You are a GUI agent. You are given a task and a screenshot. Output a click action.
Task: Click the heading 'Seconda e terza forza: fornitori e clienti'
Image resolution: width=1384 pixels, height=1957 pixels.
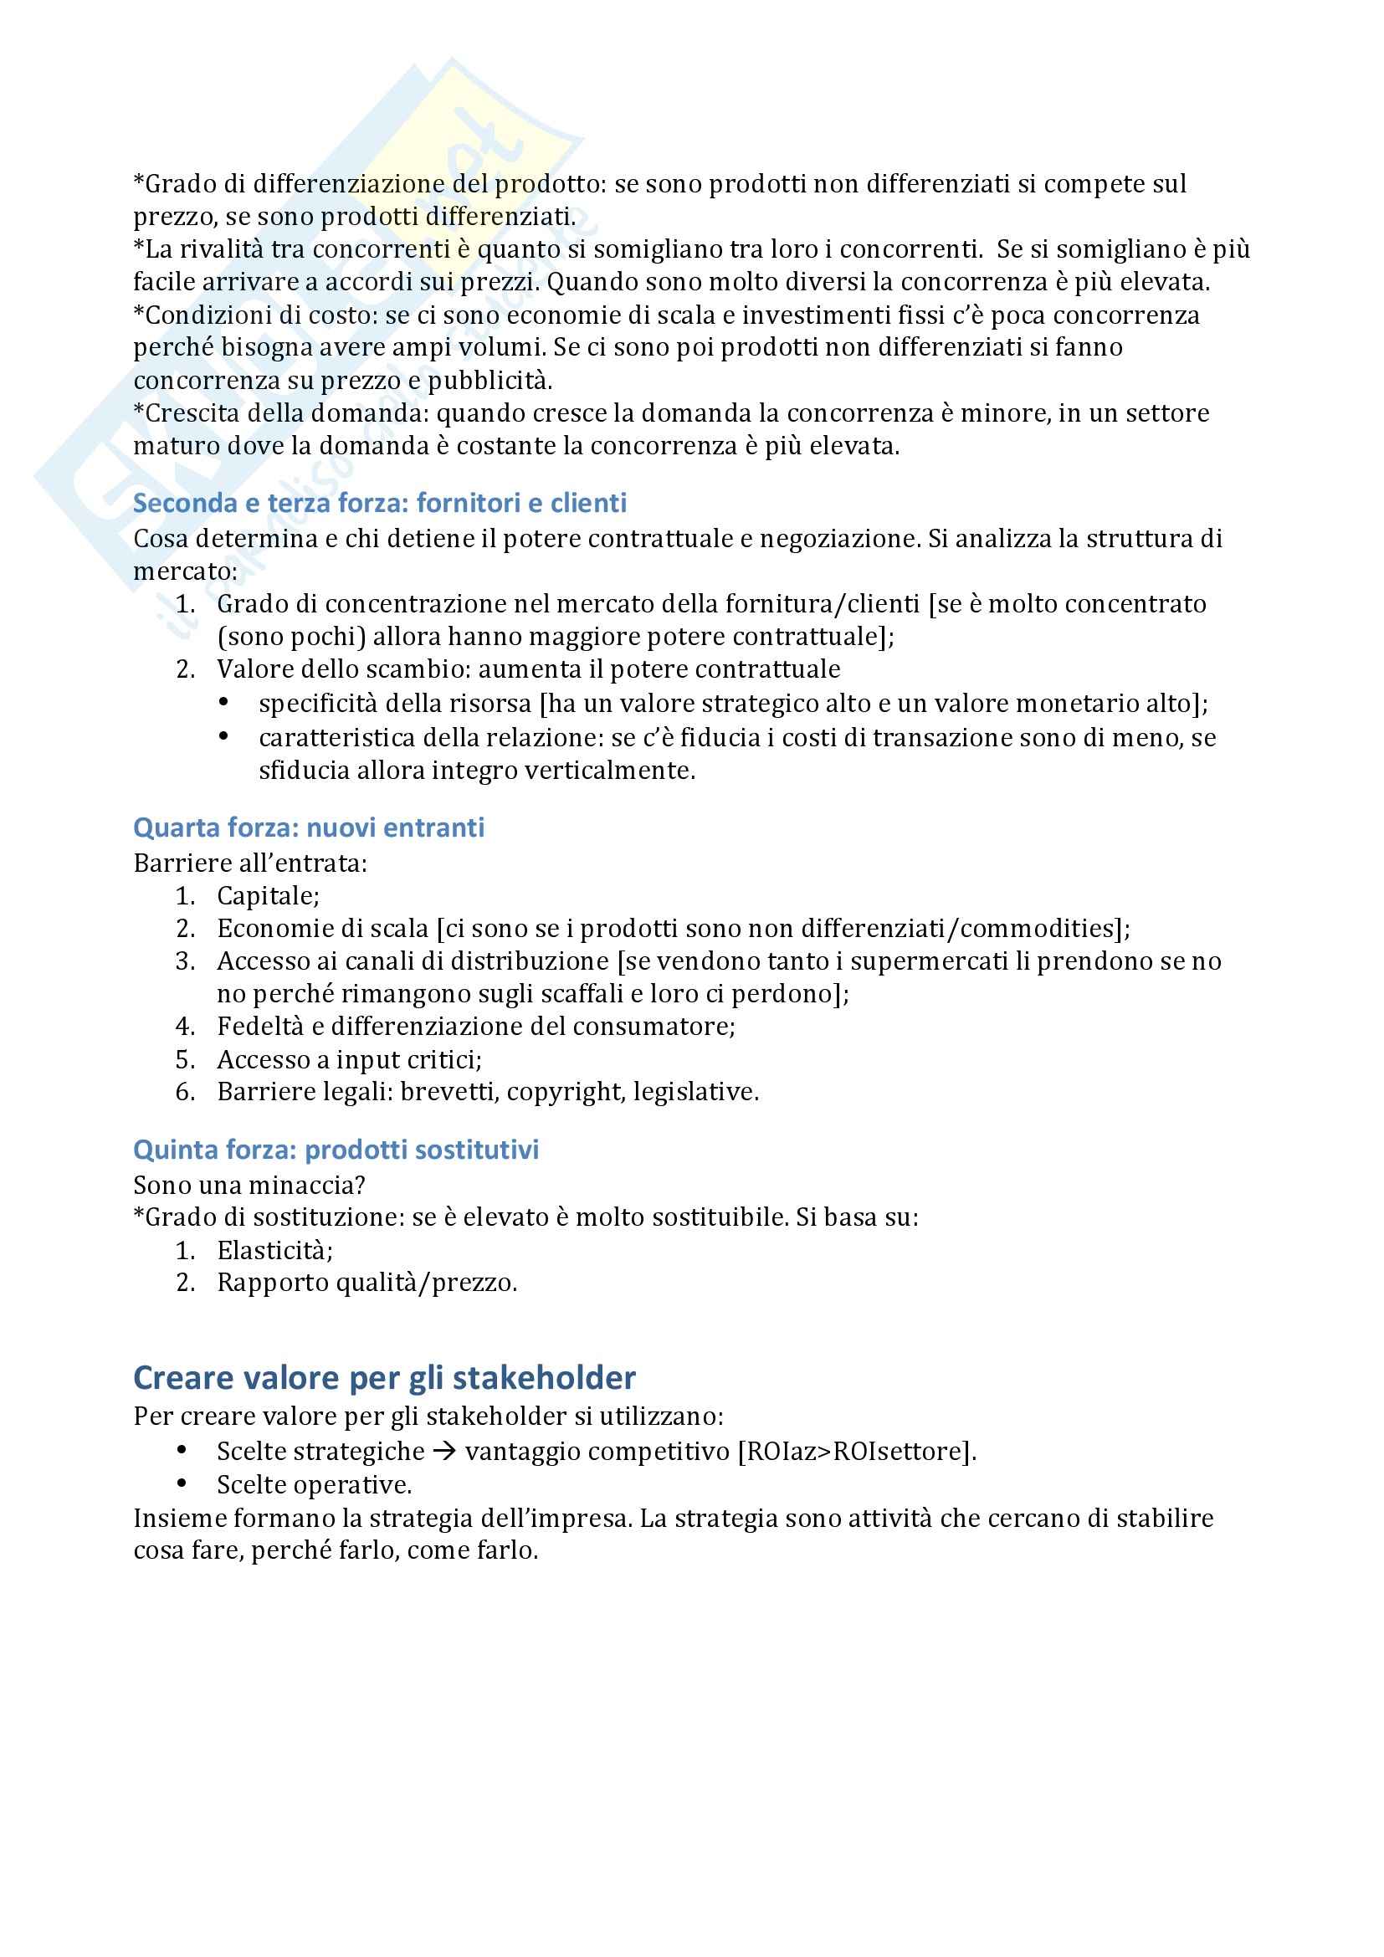tap(379, 503)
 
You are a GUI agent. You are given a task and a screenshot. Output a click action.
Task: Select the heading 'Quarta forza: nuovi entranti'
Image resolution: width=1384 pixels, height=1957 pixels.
tap(309, 827)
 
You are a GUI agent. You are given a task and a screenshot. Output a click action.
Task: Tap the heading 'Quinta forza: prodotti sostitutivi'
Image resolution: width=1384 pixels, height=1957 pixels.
tap(336, 1150)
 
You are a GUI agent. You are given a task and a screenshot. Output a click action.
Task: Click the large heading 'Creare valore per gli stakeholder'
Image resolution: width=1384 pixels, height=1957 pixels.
tap(384, 1377)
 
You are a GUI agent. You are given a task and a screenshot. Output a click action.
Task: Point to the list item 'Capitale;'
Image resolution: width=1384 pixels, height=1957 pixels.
tap(268, 896)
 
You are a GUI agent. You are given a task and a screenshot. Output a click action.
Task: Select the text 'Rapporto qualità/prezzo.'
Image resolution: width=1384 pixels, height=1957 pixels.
tap(367, 1283)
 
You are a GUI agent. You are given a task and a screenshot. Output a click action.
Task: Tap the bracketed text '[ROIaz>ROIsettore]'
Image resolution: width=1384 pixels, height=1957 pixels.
tap(856, 1452)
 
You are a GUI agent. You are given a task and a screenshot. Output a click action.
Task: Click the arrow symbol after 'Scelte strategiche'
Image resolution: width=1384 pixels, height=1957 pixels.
tap(444, 1452)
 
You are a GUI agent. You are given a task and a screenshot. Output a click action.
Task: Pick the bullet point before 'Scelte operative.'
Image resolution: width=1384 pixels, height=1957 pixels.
tap(182, 1484)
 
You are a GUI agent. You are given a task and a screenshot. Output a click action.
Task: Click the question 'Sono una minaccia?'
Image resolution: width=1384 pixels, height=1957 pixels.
tap(249, 1186)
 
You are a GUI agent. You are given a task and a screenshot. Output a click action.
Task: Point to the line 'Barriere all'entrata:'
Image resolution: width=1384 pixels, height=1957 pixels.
tap(249, 863)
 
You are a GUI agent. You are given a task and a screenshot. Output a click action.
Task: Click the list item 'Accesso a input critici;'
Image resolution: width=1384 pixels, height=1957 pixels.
tap(350, 1059)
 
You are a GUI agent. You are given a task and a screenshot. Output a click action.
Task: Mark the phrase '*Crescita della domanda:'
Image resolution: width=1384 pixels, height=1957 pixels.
tap(281, 413)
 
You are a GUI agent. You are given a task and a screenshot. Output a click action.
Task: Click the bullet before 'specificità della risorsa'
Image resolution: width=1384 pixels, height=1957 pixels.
tap(223, 702)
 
